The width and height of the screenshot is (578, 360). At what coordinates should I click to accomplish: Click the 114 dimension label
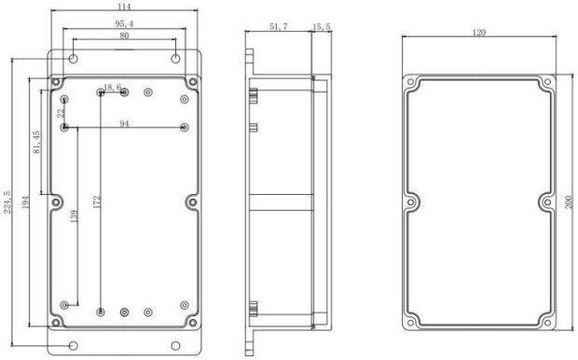[125, 7]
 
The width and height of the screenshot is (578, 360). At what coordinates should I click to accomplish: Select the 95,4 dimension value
[125, 24]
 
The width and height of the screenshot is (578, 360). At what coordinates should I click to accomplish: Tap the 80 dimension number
[125, 35]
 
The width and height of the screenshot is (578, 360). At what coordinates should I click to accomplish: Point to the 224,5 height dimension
[7, 201]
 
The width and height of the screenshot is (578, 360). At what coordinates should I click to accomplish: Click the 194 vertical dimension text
[25, 202]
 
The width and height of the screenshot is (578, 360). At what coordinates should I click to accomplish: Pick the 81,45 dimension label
[36, 142]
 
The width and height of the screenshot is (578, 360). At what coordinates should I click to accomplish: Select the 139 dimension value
[74, 216]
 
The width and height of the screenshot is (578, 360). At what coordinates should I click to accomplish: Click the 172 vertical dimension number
[97, 201]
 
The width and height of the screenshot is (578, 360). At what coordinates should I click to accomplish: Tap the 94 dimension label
[125, 124]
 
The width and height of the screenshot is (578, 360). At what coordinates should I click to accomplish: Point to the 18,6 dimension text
[113, 88]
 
